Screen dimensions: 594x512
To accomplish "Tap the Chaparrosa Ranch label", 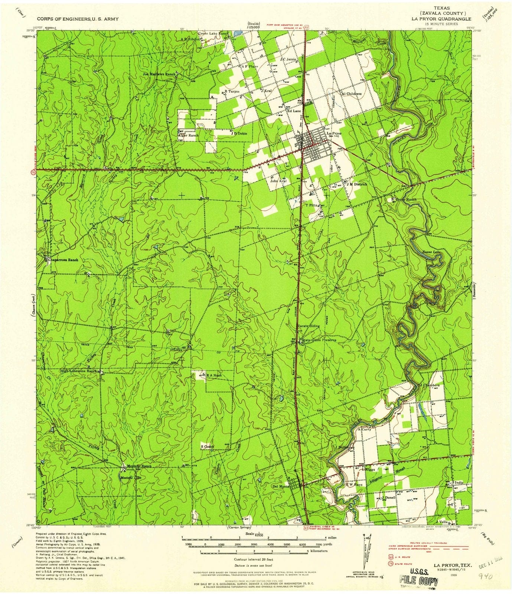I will tap(63, 260).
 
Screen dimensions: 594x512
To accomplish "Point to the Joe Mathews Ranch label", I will tap(159, 74).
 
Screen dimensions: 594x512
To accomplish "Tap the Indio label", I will tap(459, 483).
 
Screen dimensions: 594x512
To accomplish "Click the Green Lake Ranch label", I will tap(213, 33).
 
